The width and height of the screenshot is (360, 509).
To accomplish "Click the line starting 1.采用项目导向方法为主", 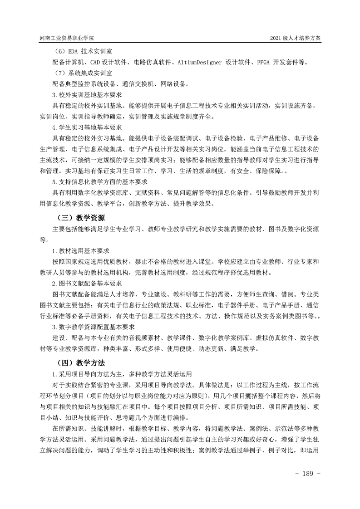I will tap(123, 374).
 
